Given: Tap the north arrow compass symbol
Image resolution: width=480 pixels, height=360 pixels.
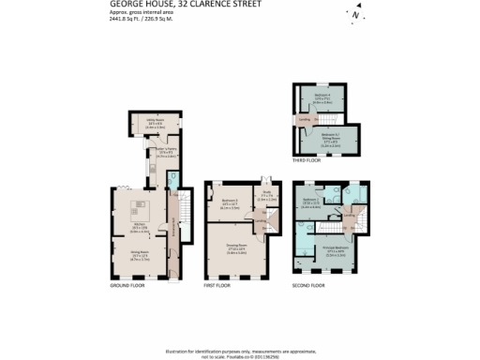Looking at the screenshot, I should click(353, 15).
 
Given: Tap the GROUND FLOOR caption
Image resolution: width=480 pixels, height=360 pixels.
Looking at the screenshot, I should click(125, 284).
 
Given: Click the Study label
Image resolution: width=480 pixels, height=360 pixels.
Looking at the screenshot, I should click(266, 195).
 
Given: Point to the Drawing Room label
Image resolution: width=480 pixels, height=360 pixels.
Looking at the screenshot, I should click(235, 249).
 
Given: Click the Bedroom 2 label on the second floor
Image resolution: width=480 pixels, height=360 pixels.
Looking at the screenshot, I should click(312, 201).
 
